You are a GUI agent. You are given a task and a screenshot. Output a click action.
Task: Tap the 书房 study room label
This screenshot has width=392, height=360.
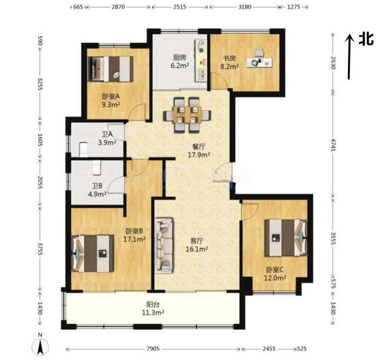click(x=229, y=58)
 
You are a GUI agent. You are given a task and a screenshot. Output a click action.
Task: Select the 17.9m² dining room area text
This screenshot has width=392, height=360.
click(x=199, y=155)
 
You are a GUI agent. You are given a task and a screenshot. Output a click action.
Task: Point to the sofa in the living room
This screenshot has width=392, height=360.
click(x=164, y=245)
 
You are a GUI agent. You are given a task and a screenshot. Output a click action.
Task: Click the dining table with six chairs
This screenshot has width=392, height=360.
click(x=187, y=115)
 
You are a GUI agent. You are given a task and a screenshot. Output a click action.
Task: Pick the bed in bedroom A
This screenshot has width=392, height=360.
click(x=110, y=69)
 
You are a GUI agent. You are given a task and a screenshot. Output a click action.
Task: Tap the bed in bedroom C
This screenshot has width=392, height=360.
click(x=286, y=238)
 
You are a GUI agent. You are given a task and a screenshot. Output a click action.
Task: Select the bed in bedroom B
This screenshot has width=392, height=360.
click(x=93, y=254)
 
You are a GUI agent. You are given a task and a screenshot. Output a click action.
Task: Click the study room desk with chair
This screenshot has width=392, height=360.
click(x=260, y=58)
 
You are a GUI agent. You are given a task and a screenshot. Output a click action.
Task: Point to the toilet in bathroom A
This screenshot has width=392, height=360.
click(x=83, y=150)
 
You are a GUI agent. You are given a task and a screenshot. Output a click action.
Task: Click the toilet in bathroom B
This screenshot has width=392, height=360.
click(x=97, y=167)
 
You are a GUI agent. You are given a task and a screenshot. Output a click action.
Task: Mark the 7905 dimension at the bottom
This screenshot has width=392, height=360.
click(x=153, y=349)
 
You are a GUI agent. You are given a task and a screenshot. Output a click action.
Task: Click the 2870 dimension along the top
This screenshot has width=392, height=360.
click(x=118, y=7)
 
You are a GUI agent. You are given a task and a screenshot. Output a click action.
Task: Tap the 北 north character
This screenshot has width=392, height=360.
click(x=366, y=39)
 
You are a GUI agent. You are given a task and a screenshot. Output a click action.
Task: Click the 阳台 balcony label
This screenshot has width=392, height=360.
click(x=153, y=305)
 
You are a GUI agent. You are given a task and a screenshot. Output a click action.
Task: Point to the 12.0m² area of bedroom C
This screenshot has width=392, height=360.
click(x=275, y=278)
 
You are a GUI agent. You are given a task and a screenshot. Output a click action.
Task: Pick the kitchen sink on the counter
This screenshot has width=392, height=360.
click(x=201, y=74)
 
